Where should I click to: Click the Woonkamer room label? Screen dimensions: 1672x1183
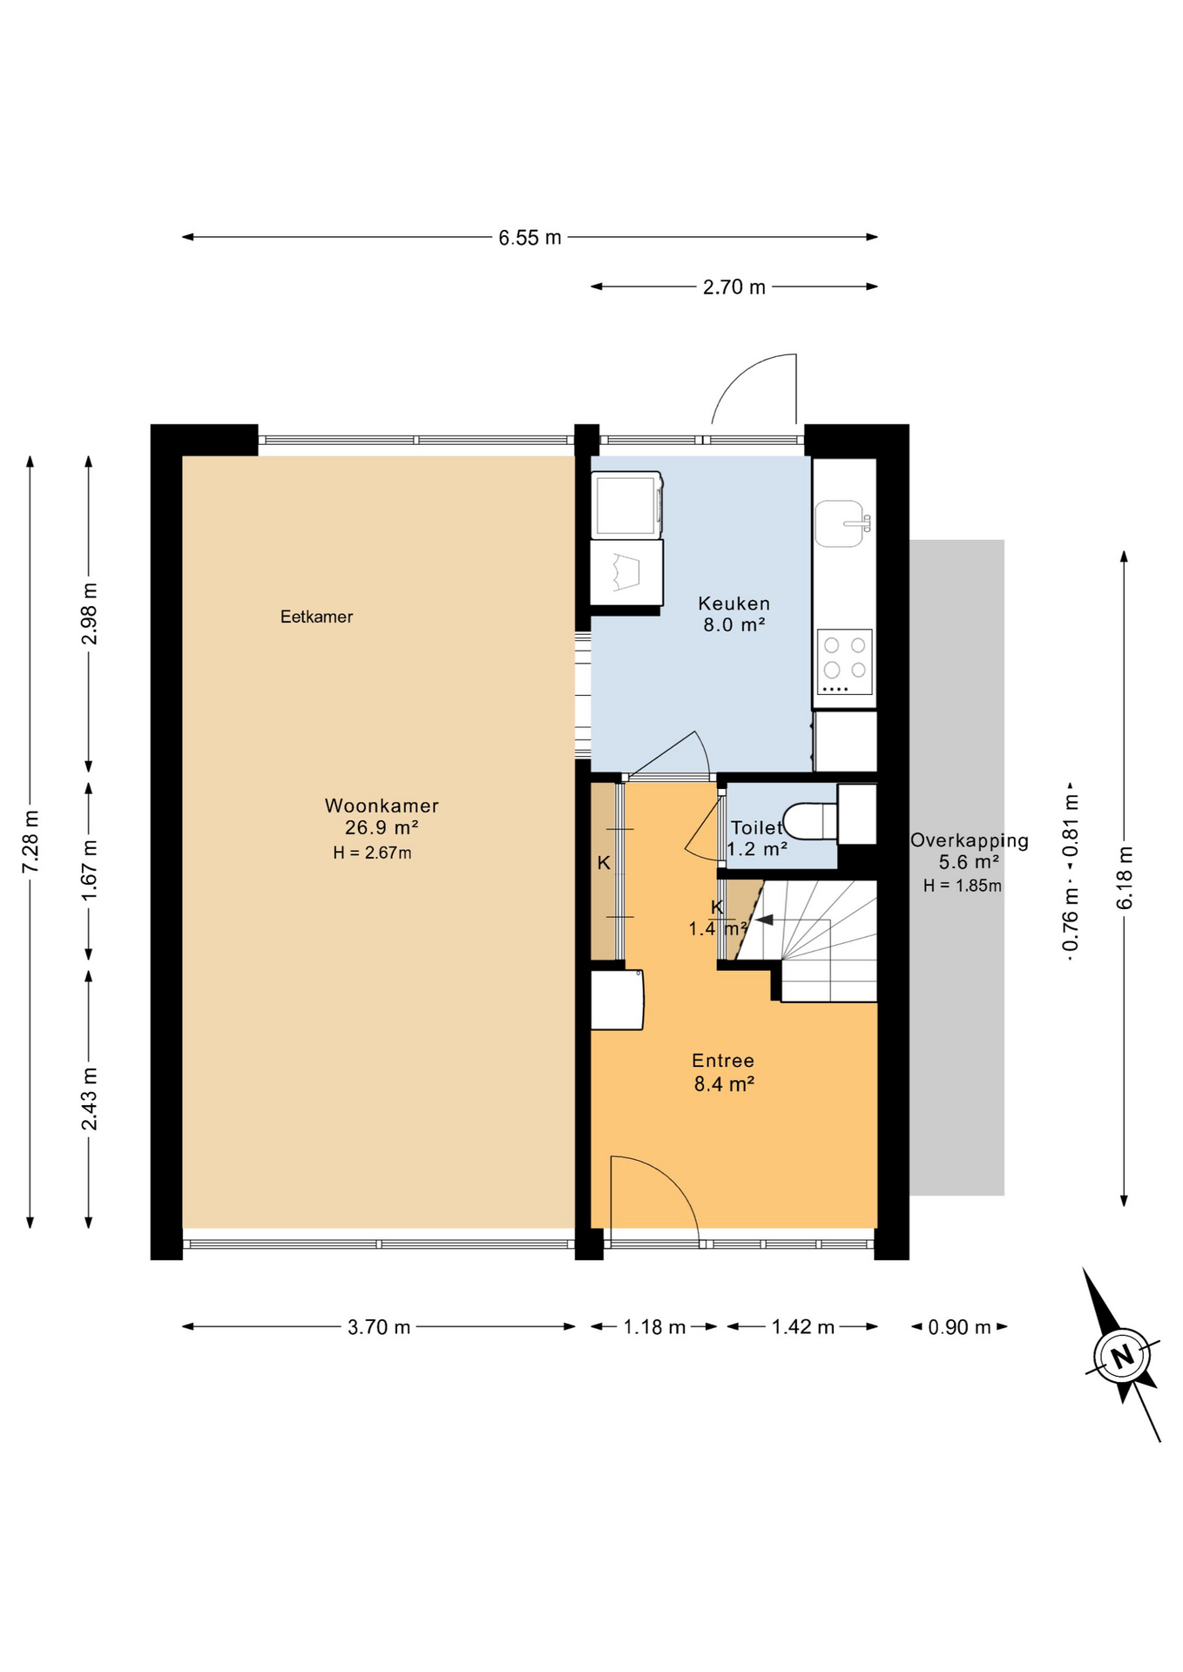(x=382, y=806)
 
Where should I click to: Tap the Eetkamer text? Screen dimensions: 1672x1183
(x=316, y=617)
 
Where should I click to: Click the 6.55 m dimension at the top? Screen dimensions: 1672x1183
(x=530, y=238)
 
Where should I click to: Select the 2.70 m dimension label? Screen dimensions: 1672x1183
(x=733, y=287)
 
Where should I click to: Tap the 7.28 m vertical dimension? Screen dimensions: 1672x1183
(x=31, y=841)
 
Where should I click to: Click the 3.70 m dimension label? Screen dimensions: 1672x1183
(x=378, y=1327)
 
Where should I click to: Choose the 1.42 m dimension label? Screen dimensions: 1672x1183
(x=802, y=1327)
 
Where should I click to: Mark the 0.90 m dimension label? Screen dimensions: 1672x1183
(x=959, y=1327)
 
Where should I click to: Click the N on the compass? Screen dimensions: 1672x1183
(x=1122, y=1356)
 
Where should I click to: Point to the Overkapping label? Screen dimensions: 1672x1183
(x=969, y=840)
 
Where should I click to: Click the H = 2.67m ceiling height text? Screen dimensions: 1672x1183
(x=372, y=853)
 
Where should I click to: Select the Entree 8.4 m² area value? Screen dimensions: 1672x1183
(x=723, y=1084)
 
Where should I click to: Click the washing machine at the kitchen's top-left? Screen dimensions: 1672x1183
(x=626, y=505)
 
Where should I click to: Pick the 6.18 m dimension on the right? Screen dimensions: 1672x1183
(x=1125, y=878)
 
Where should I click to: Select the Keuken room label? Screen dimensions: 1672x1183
(x=733, y=603)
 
